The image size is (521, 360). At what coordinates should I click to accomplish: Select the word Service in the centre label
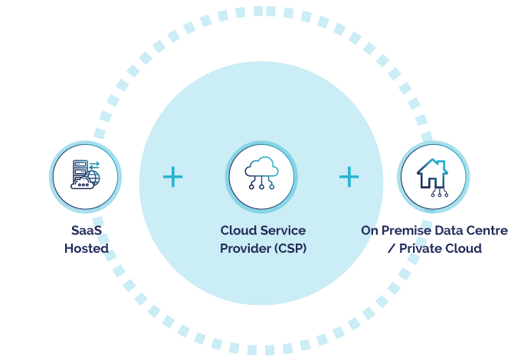pos(283,231)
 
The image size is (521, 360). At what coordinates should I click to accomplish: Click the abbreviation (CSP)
pos(290,248)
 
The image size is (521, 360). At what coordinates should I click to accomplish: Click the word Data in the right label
pos(452,231)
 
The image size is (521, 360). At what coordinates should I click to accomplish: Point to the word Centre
pos(488,231)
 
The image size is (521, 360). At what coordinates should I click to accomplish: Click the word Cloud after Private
pos(464,248)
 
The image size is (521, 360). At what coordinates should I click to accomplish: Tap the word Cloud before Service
pos(238,231)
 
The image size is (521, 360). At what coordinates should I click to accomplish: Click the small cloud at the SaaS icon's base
pos(79,184)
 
